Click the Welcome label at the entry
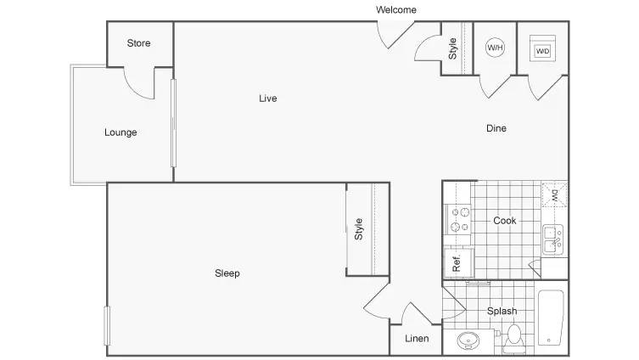(x=396, y=10)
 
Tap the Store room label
(x=138, y=43)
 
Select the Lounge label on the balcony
(x=121, y=132)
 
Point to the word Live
(x=268, y=98)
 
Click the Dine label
(x=496, y=128)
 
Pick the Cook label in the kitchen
(x=505, y=221)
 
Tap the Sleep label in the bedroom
(x=227, y=273)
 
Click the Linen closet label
(x=417, y=339)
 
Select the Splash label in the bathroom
(x=502, y=311)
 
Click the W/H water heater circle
(x=495, y=48)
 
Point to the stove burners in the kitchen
(x=459, y=219)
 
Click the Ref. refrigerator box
(x=459, y=263)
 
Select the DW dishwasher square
(x=554, y=194)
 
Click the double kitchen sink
(x=552, y=239)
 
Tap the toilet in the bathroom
(x=514, y=339)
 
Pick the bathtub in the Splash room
(x=551, y=318)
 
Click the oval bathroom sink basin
(x=468, y=340)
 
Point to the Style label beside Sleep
(x=359, y=229)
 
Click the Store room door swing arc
(x=134, y=89)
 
